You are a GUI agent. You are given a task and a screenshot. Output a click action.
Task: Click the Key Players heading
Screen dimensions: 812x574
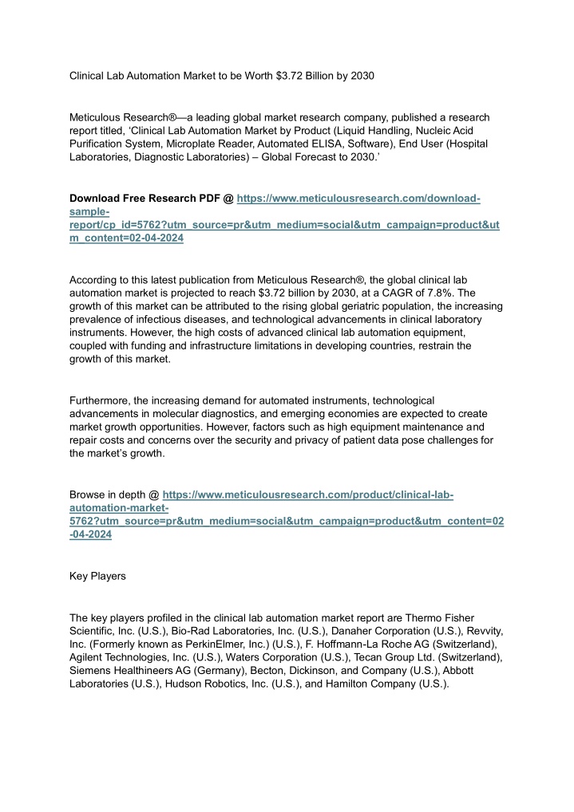tap(97, 576)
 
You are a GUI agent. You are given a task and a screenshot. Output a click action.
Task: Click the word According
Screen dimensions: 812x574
tap(95, 279)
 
